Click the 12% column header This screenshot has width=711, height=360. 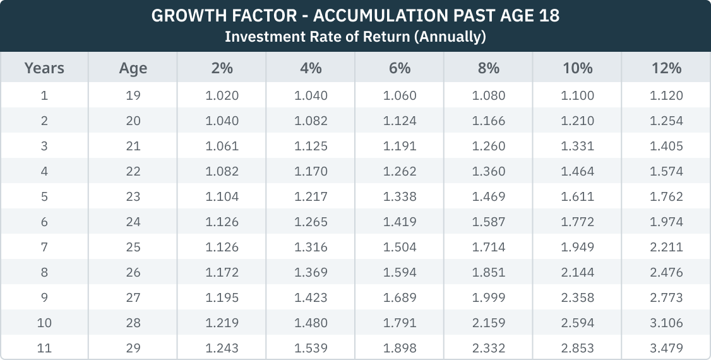666,68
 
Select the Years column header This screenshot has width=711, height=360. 44,68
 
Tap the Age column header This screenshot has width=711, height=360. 133,68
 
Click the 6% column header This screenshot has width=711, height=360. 400,68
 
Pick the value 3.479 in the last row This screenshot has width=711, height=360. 666,348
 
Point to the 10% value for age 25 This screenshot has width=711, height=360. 578,247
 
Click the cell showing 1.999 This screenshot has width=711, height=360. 489,297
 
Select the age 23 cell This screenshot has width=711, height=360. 133,196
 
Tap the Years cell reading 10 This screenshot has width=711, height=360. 44,323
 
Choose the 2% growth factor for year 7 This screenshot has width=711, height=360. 222,247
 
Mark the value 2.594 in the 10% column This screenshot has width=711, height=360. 578,323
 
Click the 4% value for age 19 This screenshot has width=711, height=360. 311,96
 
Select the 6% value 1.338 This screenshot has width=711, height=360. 400,196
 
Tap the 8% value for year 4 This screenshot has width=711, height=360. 489,171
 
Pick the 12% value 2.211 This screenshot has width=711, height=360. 666,247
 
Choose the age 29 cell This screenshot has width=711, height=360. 133,348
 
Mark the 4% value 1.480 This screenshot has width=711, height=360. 311,323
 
